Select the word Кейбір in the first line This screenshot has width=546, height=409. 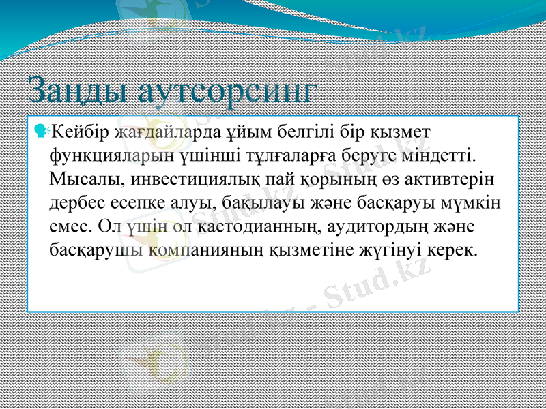(x=79, y=130)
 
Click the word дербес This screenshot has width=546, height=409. (x=78, y=202)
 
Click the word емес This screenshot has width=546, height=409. (x=70, y=226)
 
